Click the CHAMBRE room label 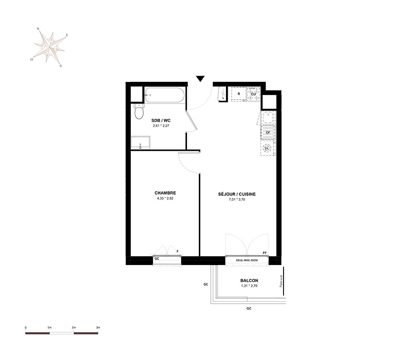tap(165, 193)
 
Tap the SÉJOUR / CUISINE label tap(237, 194)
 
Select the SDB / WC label tap(161, 121)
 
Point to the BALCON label tap(249, 281)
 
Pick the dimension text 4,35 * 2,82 tap(165, 198)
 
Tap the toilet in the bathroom tap(139, 112)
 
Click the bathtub tap(165, 95)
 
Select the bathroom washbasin tap(140, 142)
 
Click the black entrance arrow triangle tap(200, 79)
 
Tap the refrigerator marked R tap(239, 94)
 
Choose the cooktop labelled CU tap(253, 94)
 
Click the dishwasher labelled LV tap(268, 132)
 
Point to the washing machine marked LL tap(267, 148)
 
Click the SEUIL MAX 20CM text tap(247, 260)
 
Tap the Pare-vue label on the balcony tap(281, 281)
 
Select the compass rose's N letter tap(38, 29)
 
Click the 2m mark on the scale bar tap(73, 327)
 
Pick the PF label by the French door tap(265, 252)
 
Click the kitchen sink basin tap(268, 118)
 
